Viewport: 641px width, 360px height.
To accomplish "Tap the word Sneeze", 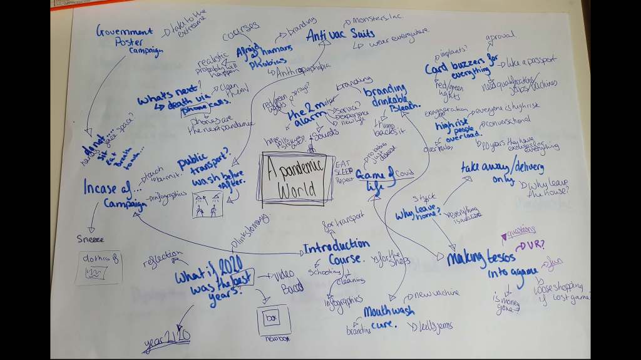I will [91, 239].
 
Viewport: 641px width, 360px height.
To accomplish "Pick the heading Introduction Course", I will [336, 250].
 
